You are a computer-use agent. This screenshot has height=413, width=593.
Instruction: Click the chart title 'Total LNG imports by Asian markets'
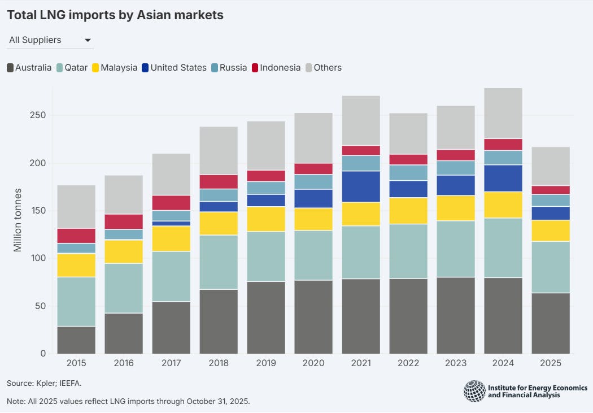pos(115,15)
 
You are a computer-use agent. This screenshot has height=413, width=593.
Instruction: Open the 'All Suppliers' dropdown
pos(50,40)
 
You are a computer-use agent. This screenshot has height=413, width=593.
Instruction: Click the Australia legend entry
pos(29,68)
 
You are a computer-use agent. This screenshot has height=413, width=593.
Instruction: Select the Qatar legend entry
pos(72,68)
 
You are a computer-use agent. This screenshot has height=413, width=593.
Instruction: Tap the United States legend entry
pos(173,68)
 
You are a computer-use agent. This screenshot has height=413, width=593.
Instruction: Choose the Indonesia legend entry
pos(276,68)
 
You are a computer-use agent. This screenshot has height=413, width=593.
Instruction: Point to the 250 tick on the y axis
pos(38,115)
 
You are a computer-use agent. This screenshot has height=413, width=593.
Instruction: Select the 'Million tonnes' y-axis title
pos(18,220)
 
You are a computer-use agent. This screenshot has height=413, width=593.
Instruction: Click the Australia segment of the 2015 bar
pos(76,340)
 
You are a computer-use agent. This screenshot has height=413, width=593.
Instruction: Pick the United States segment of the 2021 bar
pos(361,186)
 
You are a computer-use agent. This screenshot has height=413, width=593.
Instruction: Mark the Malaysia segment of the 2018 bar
pos(219,223)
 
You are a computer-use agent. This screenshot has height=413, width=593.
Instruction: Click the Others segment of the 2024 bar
pos(503,113)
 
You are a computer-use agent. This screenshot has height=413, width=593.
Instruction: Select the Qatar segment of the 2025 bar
pos(551,267)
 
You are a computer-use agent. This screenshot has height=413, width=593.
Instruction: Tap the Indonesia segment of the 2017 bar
pos(171,203)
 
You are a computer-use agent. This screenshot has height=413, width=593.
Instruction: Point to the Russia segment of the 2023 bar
pos(456,168)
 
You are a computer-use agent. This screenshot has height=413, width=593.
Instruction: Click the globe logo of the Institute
pos(474,391)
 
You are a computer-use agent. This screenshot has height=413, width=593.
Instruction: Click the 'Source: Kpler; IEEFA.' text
pos(44,383)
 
